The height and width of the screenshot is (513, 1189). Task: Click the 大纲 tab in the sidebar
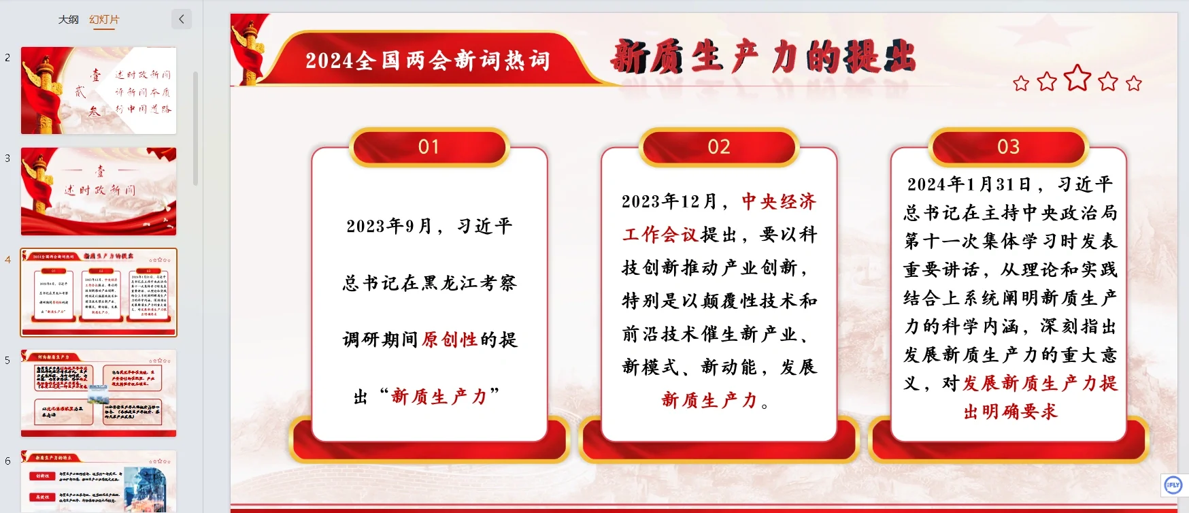coord(68,20)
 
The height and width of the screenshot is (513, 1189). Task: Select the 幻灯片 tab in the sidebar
coord(104,20)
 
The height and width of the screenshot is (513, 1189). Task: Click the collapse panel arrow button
coord(182,19)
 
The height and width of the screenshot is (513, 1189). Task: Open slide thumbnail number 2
coord(99,90)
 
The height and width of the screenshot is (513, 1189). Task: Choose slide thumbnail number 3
coord(99,191)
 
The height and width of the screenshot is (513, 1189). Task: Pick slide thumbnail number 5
coord(99,393)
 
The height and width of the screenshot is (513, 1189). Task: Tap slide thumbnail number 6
coord(99,481)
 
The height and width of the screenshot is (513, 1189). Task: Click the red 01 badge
coord(429,147)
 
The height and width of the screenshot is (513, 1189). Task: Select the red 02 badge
coord(719,147)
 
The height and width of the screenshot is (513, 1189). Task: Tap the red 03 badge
coord(1009,147)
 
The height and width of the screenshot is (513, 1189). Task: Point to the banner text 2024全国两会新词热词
coord(427,61)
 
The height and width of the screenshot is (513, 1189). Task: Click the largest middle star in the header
coord(1077,78)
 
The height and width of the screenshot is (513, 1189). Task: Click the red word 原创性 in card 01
coord(450,340)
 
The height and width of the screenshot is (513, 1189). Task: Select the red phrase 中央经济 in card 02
coord(779,201)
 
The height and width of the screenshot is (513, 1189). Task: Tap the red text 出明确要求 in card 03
coord(1011,412)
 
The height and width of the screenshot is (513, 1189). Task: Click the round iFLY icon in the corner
coord(1173,485)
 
